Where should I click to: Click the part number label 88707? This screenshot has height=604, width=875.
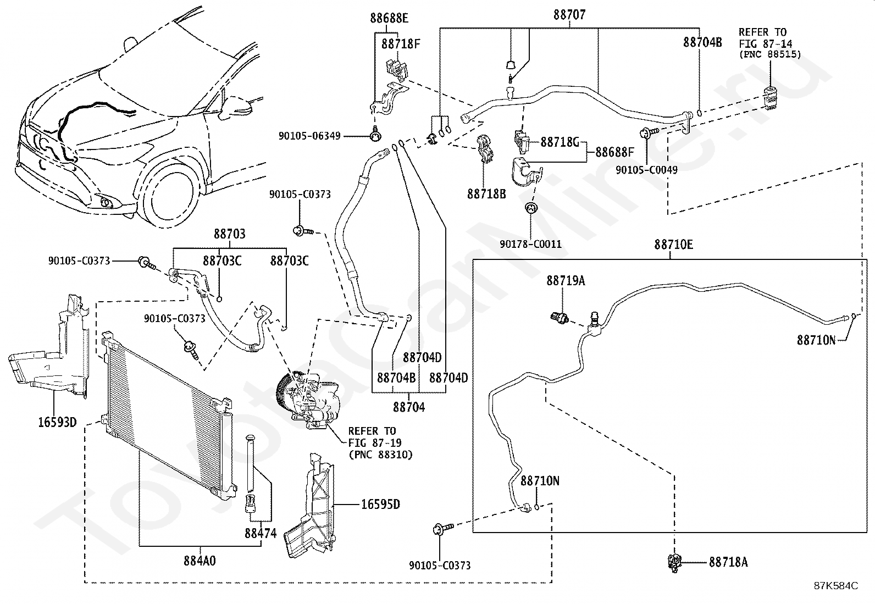[569, 15]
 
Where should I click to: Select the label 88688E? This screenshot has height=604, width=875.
[389, 18]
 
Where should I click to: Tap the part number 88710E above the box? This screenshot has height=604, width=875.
[673, 245]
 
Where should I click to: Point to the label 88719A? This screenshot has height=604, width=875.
[566, 280]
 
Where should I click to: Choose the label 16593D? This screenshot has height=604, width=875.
[57, 422]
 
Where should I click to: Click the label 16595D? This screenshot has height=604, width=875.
[380, 505]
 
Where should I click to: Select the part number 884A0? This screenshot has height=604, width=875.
[200, 561]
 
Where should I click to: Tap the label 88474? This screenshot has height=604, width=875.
[261, 533]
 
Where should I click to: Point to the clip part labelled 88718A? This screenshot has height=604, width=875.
[674, 563]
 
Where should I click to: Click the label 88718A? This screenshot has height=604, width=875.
[728, 562]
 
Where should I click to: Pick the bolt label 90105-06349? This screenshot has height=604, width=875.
[309, 136]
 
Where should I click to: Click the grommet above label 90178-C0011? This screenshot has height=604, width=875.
[530, 208]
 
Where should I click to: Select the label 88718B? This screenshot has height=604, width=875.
[486, 194]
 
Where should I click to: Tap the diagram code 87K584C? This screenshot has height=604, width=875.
[836, 586]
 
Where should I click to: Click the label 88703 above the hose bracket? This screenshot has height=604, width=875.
[230, 234]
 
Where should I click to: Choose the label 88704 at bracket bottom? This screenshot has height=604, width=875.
[408, 407]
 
